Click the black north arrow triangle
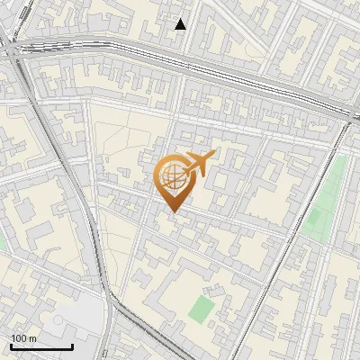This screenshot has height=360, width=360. (x=181, y=24)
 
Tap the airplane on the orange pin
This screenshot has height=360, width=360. (x=197, y=163)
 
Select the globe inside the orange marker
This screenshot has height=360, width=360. (x=173, y=177)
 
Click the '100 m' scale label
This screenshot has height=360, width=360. (x=24, y=338)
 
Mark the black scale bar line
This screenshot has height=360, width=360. (x=41, y=346)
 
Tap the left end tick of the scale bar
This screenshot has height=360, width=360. (x=11, y=345)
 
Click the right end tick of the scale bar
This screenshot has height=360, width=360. (x=72, y=345)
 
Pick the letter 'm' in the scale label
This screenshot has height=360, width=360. (x=33, y=338)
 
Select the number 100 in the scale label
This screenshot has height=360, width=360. (x=20, y=338)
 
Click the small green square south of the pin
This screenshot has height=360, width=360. (x=202, y=310)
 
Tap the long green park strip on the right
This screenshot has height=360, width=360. (x=326, y=198)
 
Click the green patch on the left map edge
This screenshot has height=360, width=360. (x=2, y=241)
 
